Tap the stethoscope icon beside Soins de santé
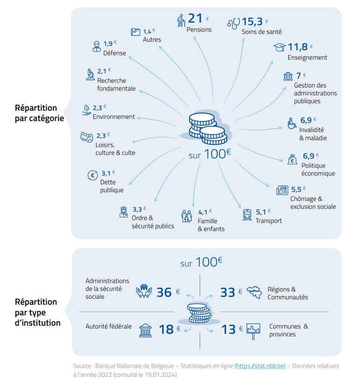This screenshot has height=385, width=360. pos(233,23)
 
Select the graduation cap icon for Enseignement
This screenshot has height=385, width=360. pos(280,47)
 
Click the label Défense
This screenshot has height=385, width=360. pos(115,53)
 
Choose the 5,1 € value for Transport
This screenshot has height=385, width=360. pos(263,211)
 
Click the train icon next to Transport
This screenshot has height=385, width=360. pos(247,215)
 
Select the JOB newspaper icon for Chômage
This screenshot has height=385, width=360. pos(282,190)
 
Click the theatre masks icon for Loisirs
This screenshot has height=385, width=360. pos(86,136)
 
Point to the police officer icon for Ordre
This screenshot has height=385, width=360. pos(123,212)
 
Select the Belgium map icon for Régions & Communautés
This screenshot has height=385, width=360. pos(254,292)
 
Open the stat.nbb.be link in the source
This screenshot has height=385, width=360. pos(259,366)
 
